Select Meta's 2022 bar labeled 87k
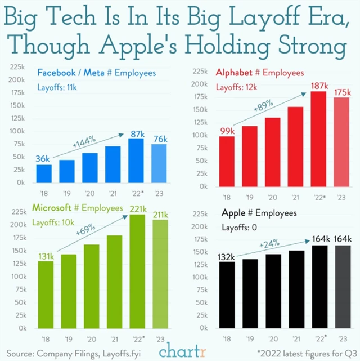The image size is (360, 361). pos(135,161)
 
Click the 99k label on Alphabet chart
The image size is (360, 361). pos(227,131)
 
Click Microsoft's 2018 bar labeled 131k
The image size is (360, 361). pos(47,295)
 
